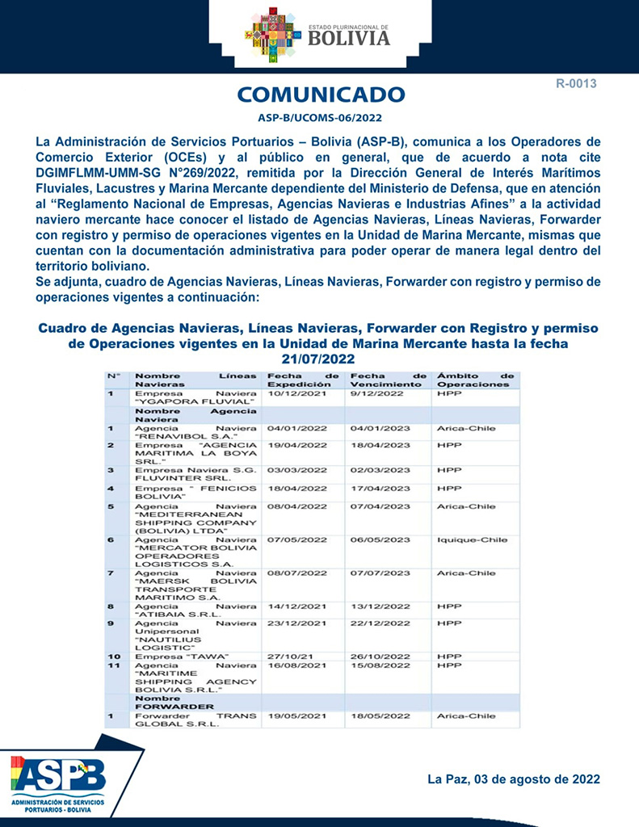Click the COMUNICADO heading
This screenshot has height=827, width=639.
click(x=321, y=94)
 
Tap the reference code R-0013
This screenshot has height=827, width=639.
click(x=575, y=83)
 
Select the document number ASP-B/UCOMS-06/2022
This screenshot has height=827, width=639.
click(x=321, y=118)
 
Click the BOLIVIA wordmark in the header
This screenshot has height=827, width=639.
click(x=348, y=38)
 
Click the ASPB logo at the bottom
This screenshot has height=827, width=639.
click(x=58, y=776)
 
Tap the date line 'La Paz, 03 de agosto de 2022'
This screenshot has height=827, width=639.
click(x=513, y=779)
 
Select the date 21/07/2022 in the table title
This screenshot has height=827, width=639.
click(x=319, y=359)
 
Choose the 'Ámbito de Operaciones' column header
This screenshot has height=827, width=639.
click(x=475, y=380)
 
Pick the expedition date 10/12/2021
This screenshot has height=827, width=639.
click(x=296, y=394)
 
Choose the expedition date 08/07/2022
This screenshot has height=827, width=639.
click(x=296, y=573)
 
